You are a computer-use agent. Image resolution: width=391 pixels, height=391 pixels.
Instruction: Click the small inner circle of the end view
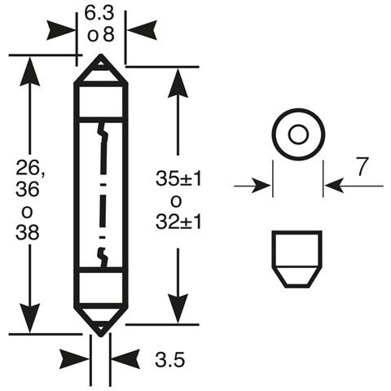pos(297,134)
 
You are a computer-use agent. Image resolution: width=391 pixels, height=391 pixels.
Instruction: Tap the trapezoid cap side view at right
pos(297,258)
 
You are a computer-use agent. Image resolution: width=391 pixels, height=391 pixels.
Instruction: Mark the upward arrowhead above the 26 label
pos(29,70)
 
